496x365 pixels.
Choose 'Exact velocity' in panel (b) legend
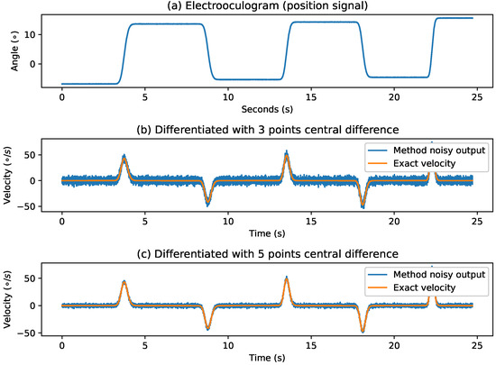(422, 162)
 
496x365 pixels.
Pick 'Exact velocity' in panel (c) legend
(422, 287)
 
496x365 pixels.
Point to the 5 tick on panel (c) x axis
(144, 344)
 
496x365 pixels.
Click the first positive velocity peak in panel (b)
(124, 156)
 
